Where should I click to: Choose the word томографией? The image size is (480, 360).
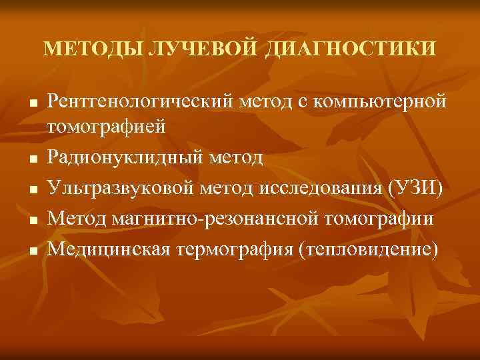[x=105, y=127]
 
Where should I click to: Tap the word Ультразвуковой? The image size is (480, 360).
[x=121, y=188]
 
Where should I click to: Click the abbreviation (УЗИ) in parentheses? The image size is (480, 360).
[x=413, y=188]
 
